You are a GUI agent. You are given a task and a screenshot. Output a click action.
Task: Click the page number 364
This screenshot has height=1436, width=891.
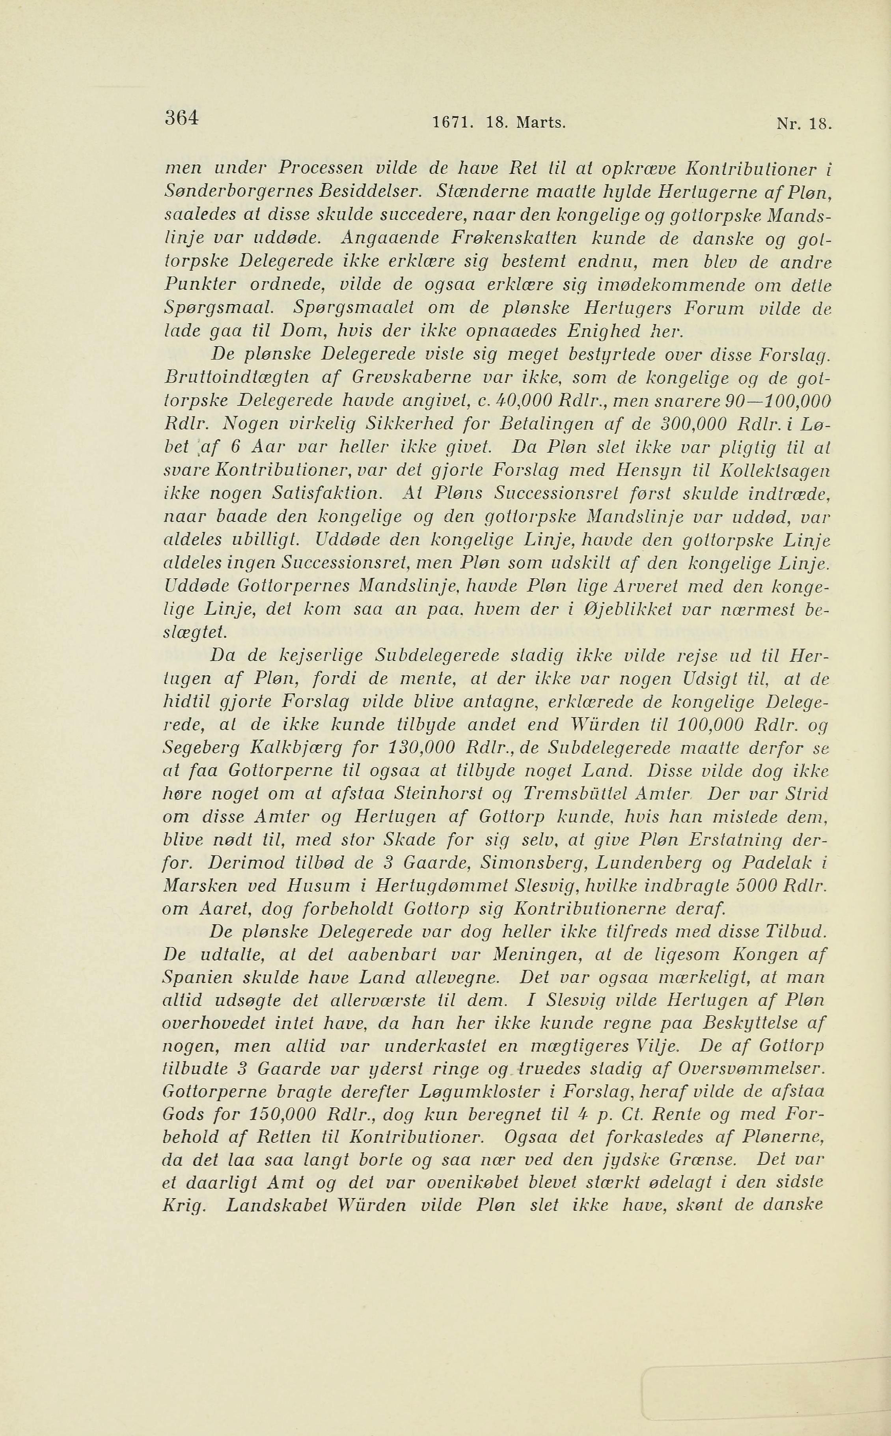point(183,118)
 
